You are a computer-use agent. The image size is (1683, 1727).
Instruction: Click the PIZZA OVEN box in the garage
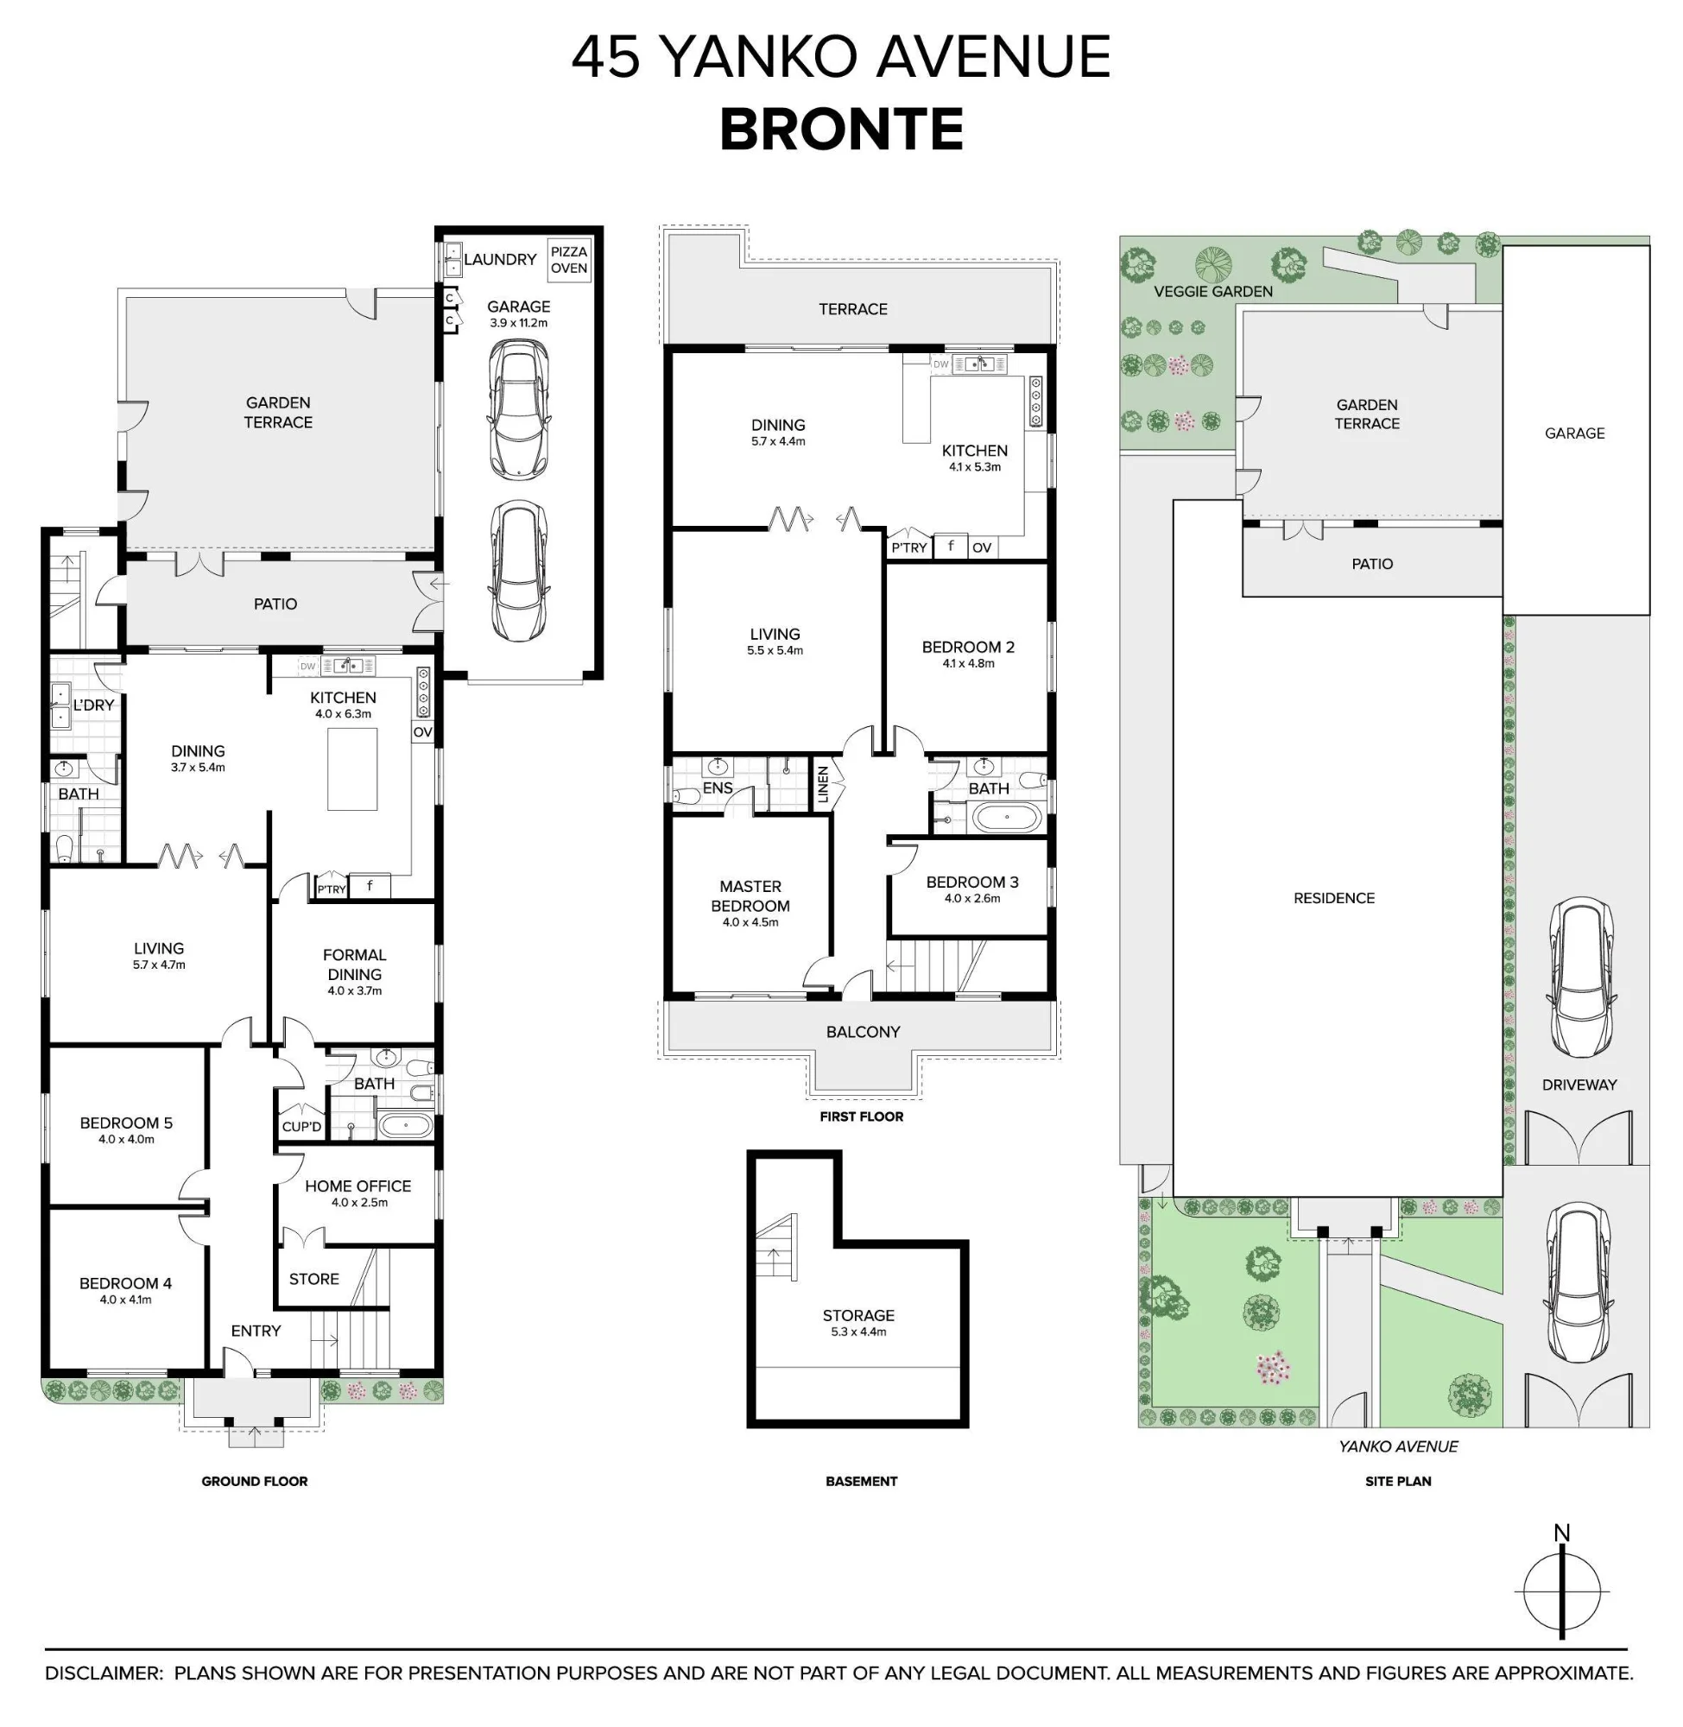[x=568, y=260]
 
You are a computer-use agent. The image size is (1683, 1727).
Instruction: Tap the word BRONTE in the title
[x=840, y=130]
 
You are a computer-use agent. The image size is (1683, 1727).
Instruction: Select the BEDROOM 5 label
[x=126, y=1123]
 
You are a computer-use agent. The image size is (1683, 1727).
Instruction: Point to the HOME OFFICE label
[x=358, y=1186]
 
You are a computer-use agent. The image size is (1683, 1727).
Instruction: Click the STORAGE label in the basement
[x=858, y=1315]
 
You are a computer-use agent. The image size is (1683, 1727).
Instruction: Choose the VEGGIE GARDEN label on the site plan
[x=1212, y=291]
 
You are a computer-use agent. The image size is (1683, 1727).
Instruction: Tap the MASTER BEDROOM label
[x=750, y=895]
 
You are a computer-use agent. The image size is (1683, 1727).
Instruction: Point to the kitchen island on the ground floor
[x=351, y=769]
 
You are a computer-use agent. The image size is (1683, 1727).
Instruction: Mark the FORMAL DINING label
[x=354, y=965]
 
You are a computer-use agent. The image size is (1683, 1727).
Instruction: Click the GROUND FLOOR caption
[x=255, y=1480]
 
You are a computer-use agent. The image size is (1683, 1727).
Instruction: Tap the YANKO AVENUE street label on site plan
[x=1397, y=1446]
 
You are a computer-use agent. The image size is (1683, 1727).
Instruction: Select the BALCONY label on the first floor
[x=863, y=1031]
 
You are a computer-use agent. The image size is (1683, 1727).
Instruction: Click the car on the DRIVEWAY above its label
[x=1579, y=979]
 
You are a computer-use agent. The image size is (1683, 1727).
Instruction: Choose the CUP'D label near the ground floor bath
[x=301, y=1126]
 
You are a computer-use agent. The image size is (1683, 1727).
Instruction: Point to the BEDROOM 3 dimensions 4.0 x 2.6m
[x=972, y=898]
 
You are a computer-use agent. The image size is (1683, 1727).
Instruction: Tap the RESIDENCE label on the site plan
[x=1334, y=898]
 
